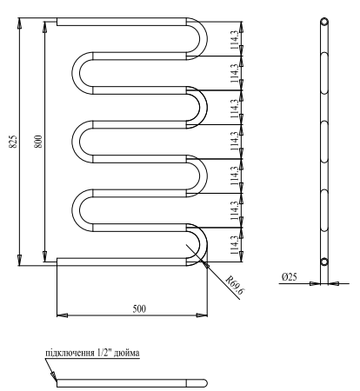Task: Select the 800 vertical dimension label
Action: [37, 143]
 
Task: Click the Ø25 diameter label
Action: [290, 276]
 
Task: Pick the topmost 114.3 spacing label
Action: [232, 41]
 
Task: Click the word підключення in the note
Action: [71, 354]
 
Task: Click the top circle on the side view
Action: [323, 22]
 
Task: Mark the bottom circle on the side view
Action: [323, 261]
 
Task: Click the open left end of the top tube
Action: [57, 22]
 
